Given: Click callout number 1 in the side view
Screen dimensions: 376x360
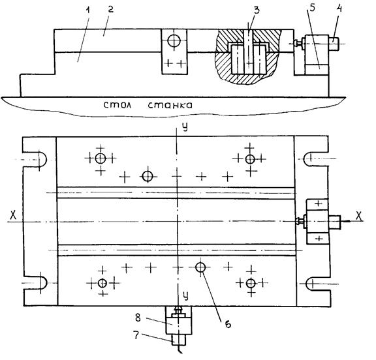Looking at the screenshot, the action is click(x=88, y=11).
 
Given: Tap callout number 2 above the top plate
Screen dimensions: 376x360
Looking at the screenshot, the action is click(x=110, y=10).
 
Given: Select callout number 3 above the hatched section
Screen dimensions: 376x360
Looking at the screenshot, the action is click(x=257, y=10).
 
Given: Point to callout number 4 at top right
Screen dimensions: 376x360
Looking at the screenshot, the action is click(x=339, y=8).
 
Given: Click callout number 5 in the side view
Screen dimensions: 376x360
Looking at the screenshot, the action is click(x=312, y=8).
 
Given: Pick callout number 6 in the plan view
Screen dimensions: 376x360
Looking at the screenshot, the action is click(x=228, y=324).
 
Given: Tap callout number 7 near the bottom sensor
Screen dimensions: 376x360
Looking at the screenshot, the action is click(x=136, y=335).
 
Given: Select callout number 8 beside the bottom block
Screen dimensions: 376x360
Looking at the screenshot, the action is click(x=138, y=318).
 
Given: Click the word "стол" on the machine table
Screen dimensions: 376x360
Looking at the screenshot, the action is click(x=117, y=105).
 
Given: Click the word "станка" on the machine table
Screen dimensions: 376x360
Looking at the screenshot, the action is click(x=170, y=105).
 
